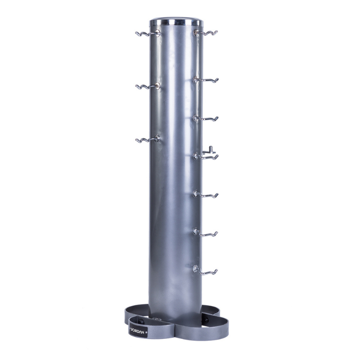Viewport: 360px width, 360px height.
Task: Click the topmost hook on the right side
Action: (206, 33)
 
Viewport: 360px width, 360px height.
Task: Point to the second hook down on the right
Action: (206, 80)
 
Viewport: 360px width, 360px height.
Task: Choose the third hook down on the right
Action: (206, 118)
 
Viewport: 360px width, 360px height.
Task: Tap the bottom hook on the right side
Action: (205, 270)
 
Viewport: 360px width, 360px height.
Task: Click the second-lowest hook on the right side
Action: (205, 233)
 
